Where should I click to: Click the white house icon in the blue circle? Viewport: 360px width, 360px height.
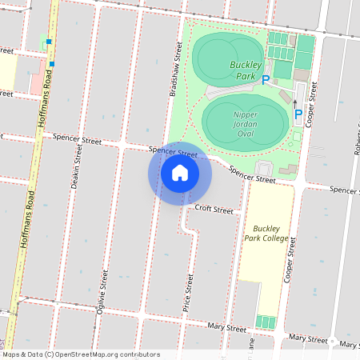(x=180, y=172)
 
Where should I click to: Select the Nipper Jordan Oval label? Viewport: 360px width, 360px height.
(x=245, y=120)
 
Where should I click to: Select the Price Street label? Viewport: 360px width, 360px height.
(x=188, y=292)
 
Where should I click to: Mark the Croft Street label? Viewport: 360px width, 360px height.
(x=214, y=210)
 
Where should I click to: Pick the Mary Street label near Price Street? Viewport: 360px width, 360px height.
(x=227, y=328)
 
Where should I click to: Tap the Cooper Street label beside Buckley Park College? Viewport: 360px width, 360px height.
(x=284, y=260)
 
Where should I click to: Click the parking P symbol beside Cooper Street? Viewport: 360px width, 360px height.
(x=298, y=114)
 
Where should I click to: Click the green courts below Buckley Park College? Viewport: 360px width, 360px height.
(x=265, y=322)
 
